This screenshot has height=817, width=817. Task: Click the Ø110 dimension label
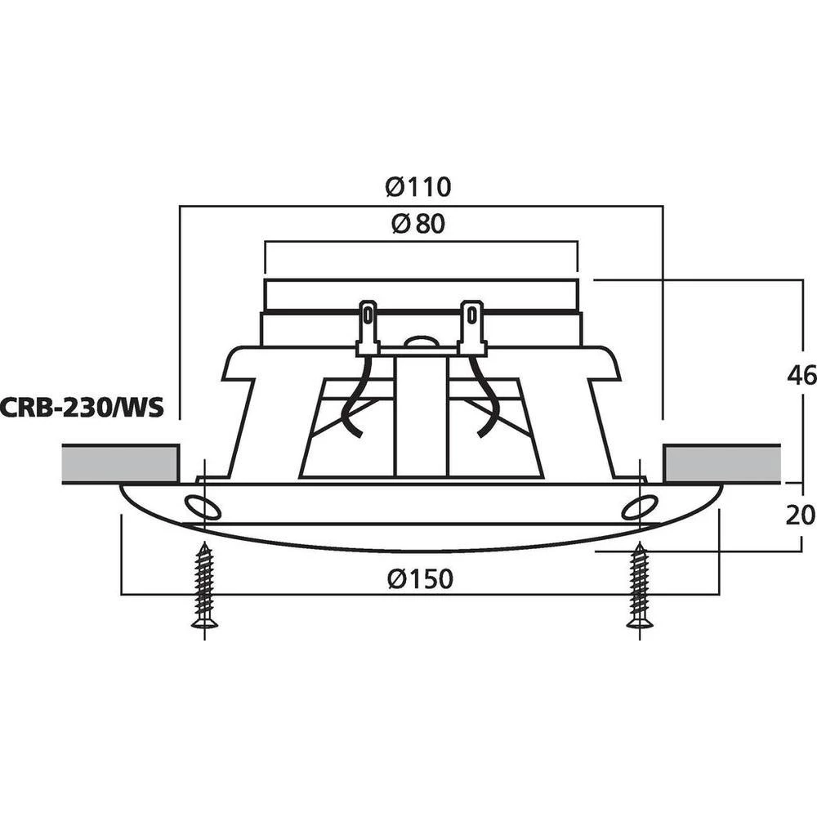418,187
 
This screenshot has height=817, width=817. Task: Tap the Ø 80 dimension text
418,224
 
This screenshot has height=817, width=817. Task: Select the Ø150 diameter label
420,579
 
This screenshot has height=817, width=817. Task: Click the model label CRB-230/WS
82,406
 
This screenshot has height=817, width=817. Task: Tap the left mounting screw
204,587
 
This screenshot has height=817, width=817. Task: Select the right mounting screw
640,587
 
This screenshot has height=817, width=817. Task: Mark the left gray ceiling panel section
120,464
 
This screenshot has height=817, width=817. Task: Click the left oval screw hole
202,507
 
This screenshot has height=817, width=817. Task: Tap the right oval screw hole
640,507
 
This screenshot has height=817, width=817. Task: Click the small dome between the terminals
420,343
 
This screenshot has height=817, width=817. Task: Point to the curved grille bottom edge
420,548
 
